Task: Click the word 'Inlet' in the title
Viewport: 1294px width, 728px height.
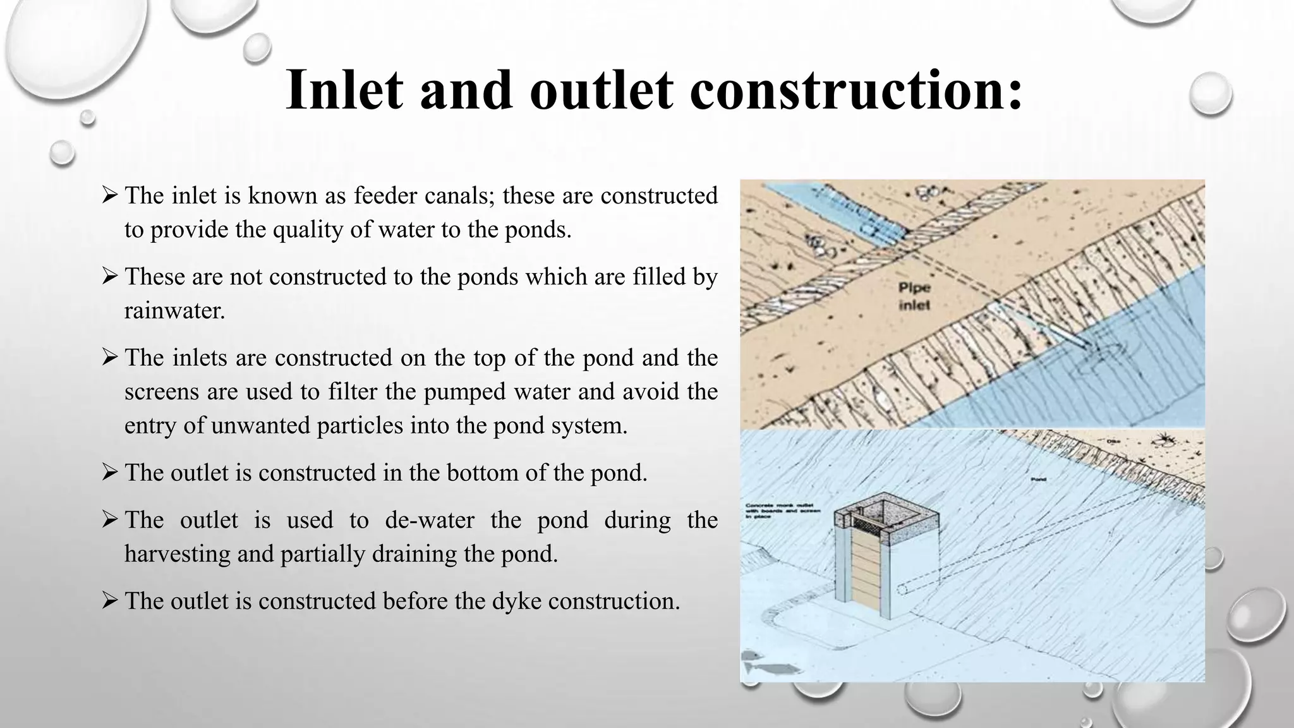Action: [x=344, y=90]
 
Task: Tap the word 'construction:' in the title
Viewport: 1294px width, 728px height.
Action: [x=856, y=90]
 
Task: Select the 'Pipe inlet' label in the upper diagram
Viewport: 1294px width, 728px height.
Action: [x=914, y=296]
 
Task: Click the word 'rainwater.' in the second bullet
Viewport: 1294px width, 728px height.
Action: [x=174, y=310]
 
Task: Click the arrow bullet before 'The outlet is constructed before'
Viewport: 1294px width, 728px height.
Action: [x=109, y=600]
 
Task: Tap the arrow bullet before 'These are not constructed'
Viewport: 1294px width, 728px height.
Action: [x=109, y=276]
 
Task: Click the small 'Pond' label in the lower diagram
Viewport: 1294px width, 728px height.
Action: [x=1037, y=480]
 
